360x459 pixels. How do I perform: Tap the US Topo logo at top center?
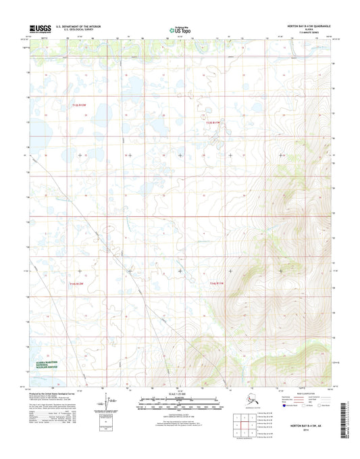(179, 30)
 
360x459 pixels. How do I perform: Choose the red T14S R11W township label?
(215, 283)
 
